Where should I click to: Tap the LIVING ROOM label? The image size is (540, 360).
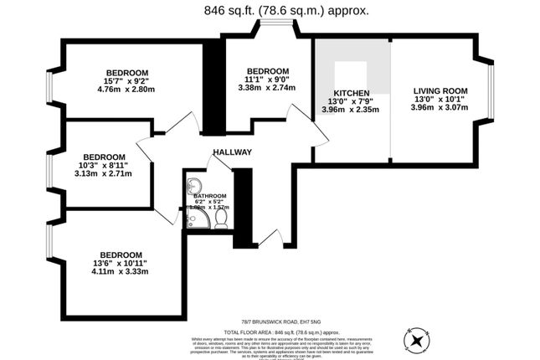[x=440, y=90]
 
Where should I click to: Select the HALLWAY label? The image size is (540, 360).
[x=232, y=152]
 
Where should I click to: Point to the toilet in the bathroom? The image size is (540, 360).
[x=221, y=218]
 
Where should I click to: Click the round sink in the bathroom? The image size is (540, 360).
[x=194, y=187]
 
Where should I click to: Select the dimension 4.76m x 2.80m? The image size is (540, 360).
[x=127, y=90]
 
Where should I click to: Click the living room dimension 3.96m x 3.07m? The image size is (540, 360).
[x=440, y=108]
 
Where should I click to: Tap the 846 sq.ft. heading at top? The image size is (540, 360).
[x=269, y=12]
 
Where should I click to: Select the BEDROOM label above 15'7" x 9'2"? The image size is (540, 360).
[x=127, y=72]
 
